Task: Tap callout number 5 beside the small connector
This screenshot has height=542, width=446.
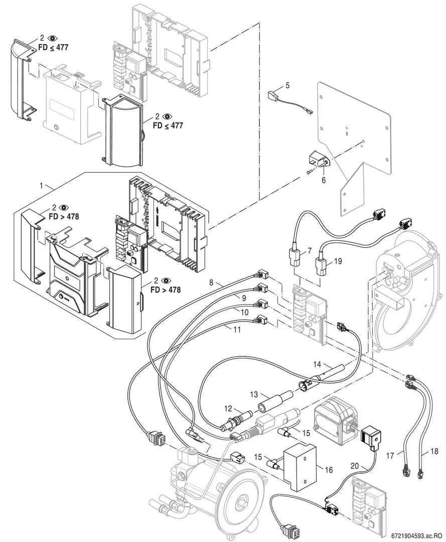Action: (x=287, y=86)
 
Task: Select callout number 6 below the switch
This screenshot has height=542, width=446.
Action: (x=324, y=179)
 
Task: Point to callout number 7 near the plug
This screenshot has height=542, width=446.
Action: (x=310, y=249)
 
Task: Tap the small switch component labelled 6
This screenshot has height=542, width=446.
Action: (x=316, y=163)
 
